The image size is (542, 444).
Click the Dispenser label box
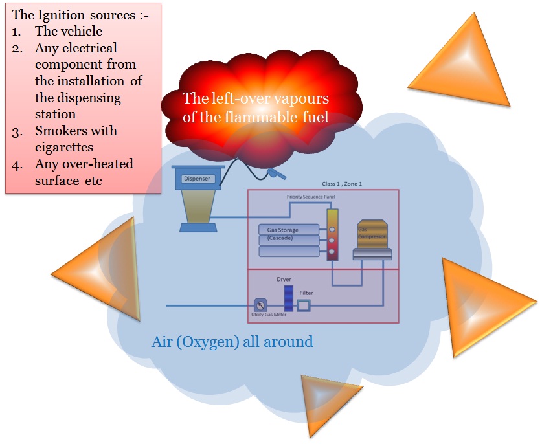click(197, 179)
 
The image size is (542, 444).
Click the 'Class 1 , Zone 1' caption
click(342, 184)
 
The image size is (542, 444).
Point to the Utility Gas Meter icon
click(260, 305)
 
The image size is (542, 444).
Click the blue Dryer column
click(288, 297)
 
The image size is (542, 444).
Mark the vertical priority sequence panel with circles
click(332, 234)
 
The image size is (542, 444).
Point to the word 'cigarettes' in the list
click(64, 147)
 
